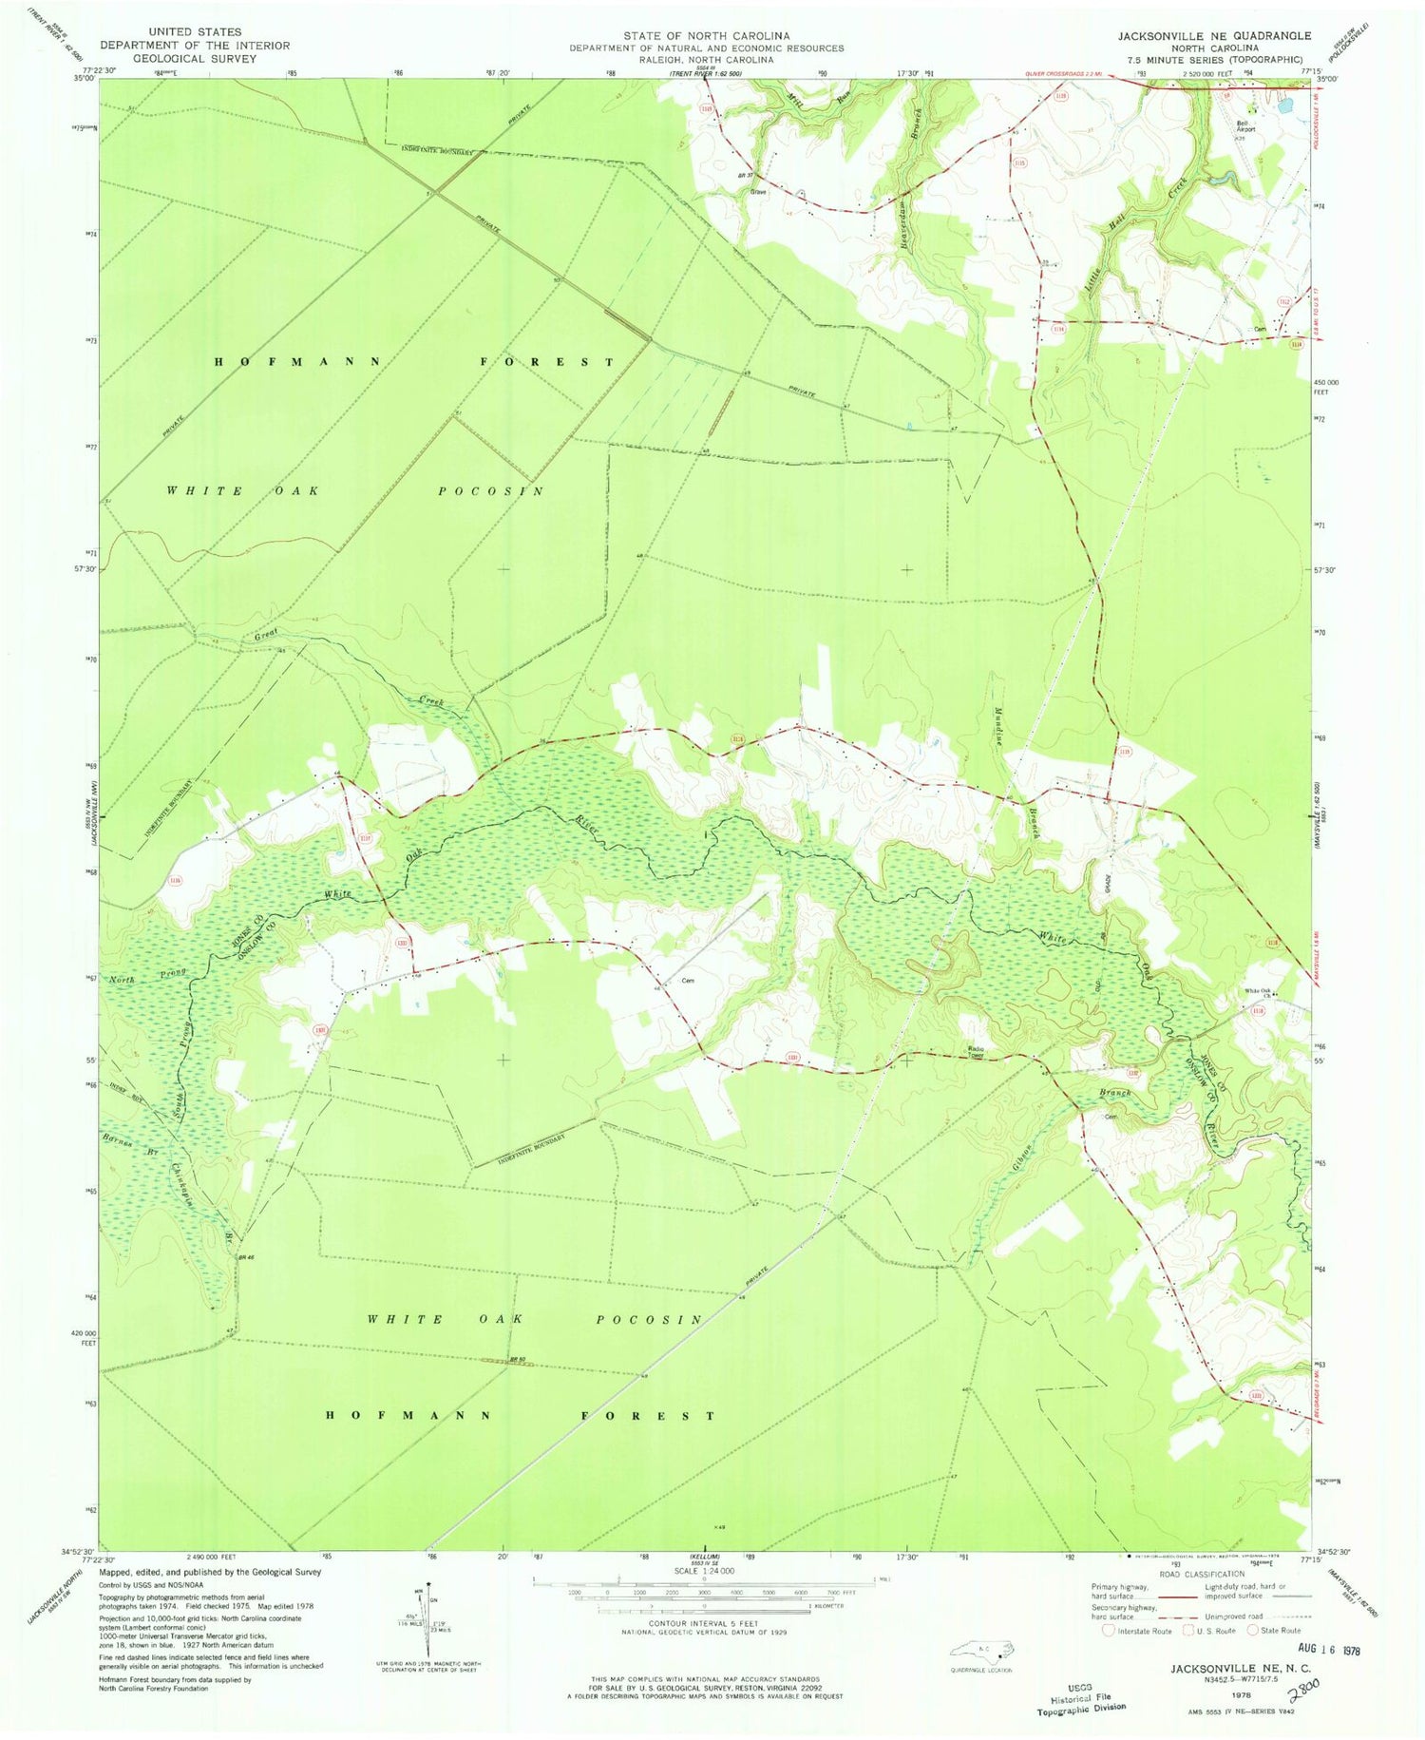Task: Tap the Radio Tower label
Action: click(977, 1050)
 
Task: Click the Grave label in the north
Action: click(758, 192)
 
